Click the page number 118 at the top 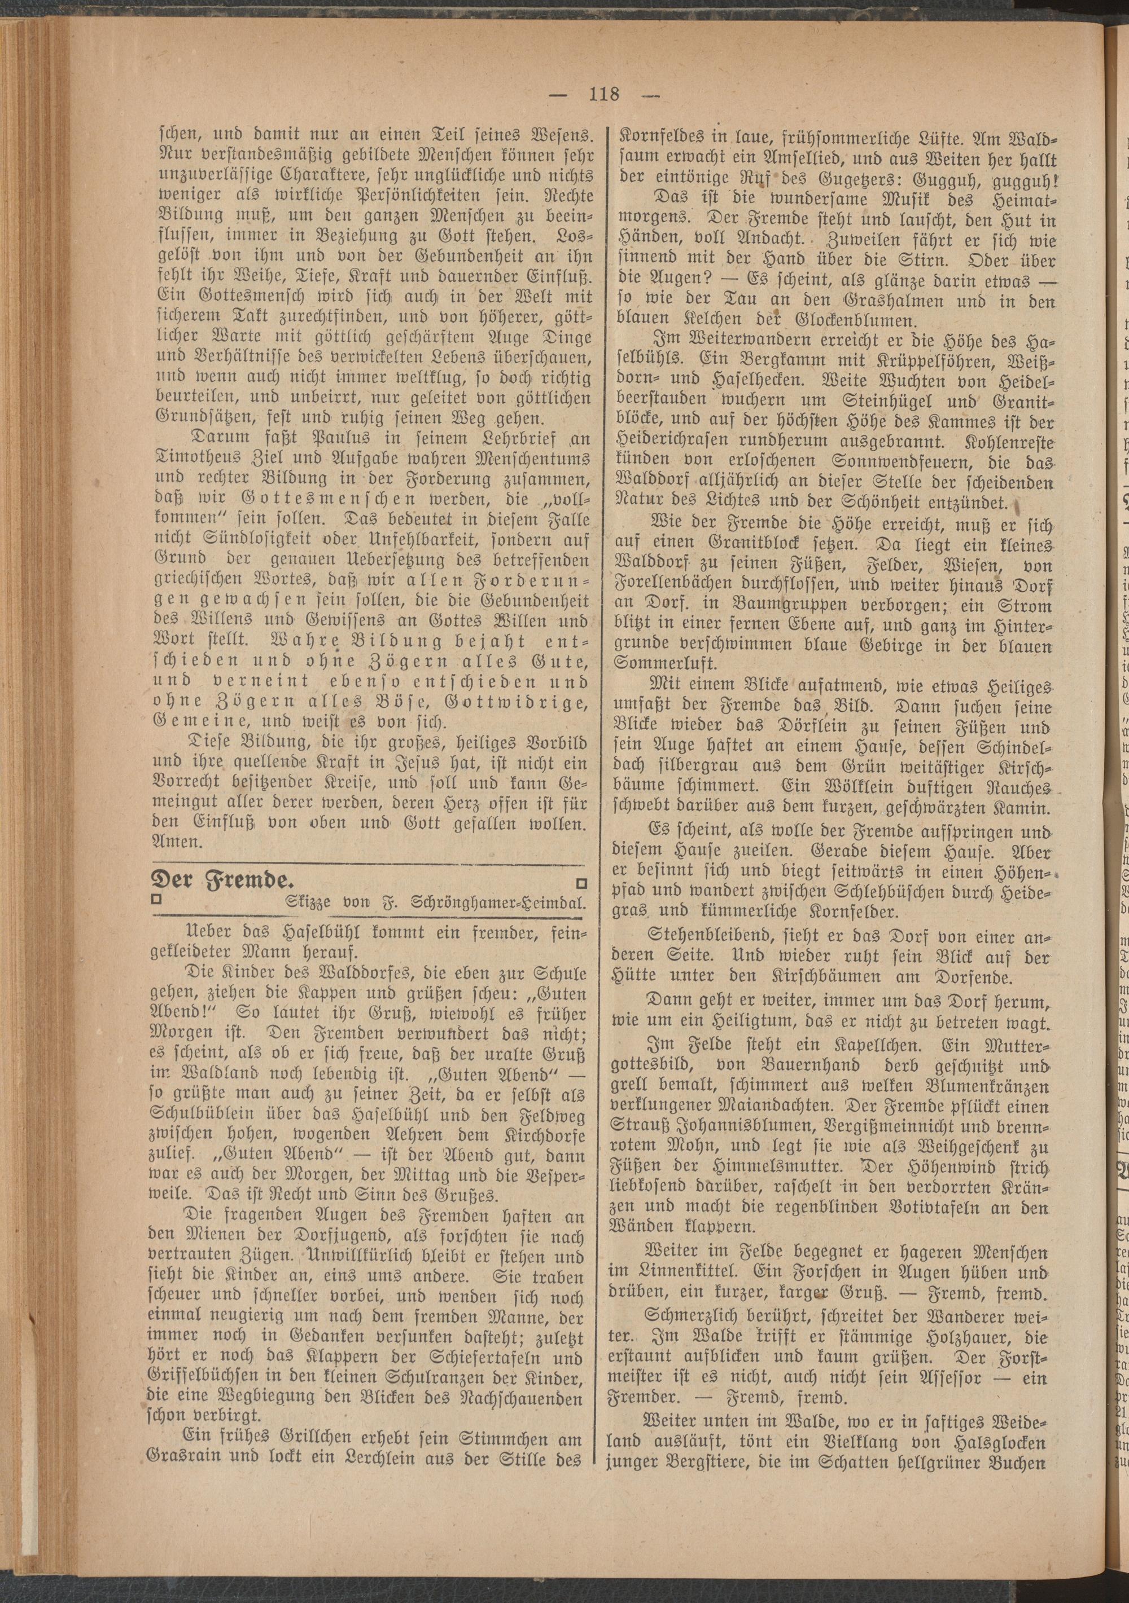[x=603, y=93]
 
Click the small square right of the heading [x=582, y=884]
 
